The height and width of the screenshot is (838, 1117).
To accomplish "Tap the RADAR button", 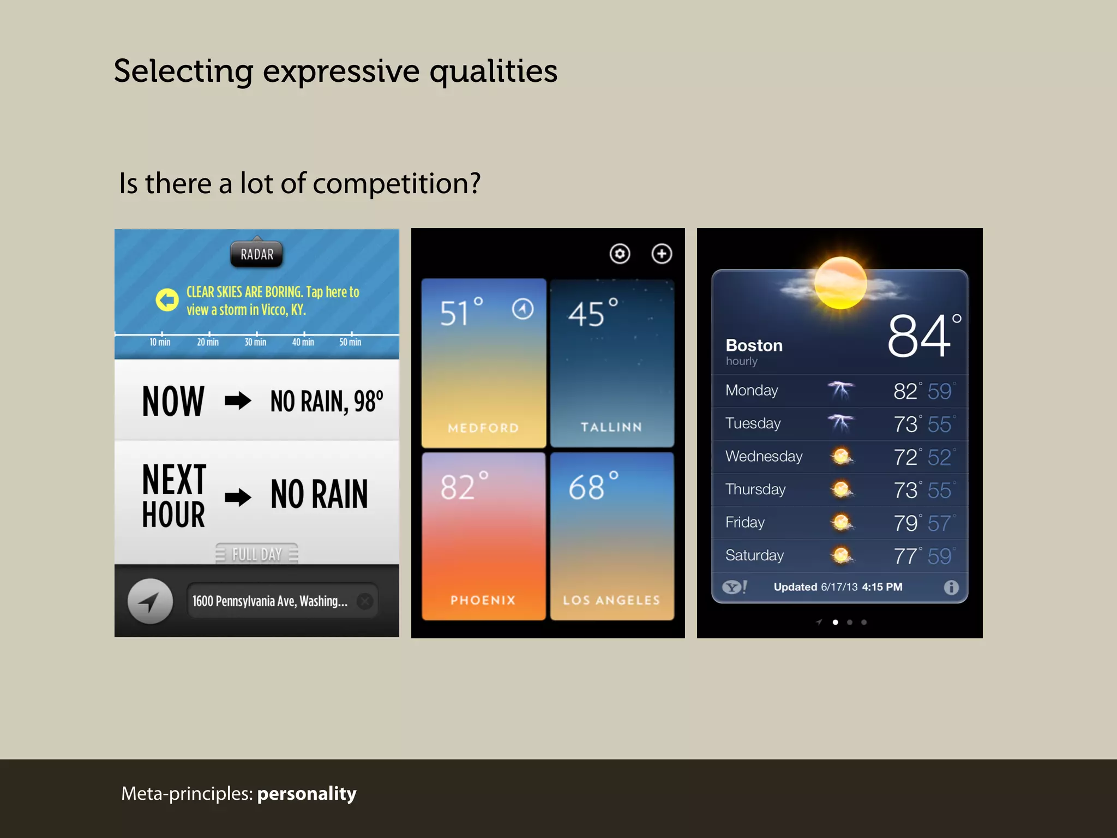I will click(257, 254).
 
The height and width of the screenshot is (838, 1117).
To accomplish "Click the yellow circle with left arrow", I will click(167, 300).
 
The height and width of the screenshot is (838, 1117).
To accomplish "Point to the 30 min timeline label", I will click(255, 342).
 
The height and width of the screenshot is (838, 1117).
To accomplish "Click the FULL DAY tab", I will click(257, 554).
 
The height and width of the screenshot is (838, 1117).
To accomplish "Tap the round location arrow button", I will click(150, 601).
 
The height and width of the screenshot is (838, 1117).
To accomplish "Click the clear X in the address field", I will click(365, 601).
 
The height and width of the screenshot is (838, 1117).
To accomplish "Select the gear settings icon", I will click(620, 254).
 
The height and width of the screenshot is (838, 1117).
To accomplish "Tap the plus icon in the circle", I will click(662, 254).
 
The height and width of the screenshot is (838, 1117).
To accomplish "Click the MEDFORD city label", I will click(483, 428).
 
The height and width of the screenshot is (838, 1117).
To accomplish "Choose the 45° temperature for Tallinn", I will click(593, 314).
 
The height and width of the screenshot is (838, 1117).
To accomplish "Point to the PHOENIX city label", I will click(483, 600).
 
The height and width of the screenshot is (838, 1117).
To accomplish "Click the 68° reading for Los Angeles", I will click(593, 487).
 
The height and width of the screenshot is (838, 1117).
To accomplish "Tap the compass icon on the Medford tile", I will click(523, 309).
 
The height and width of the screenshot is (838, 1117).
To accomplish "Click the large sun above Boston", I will click(840, 283).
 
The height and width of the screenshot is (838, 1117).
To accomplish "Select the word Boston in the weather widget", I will click(754, 345).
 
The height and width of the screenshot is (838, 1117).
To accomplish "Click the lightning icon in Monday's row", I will click(840, 390).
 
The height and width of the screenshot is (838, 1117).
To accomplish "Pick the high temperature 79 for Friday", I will click(905, 523).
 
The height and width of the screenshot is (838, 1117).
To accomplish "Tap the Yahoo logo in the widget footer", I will click(734, 587).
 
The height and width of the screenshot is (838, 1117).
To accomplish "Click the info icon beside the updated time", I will click(951, 587).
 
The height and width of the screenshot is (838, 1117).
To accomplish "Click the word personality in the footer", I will click(307, 793).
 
